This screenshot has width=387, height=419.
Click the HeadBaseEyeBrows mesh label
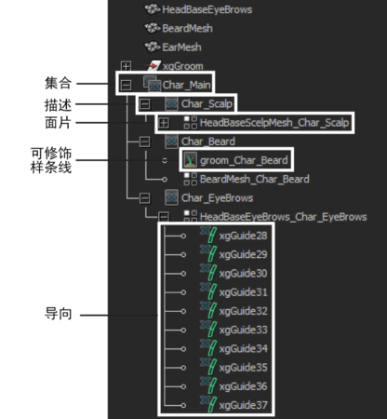point(207,9)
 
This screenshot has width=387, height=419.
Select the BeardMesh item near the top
point(187,29)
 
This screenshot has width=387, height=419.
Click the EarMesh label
point(181,47)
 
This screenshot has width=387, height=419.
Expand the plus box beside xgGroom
point(126,66)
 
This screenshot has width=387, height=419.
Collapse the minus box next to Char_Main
point(126,85)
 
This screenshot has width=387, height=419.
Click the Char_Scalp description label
point(207,103)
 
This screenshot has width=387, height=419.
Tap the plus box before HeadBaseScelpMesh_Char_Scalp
point(164,123)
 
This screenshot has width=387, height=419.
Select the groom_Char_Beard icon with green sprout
point(190,160)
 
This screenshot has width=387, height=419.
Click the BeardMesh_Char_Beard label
point(255,179)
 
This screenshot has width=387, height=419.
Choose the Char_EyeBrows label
point(217,198)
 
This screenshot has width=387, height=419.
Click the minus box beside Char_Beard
point(144,142)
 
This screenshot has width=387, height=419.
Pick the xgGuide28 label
point(243,236)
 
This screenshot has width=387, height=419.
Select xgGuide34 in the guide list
point(244,348)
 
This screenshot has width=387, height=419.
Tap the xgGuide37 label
point(244,405)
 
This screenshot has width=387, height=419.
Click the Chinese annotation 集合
point(59,83)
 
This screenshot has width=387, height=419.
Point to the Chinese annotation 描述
point(59,105)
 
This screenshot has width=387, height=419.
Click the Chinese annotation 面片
point(59,123)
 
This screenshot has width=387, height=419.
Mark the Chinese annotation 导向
point(59,314)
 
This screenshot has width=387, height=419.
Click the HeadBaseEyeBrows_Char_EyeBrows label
point(284,217)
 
